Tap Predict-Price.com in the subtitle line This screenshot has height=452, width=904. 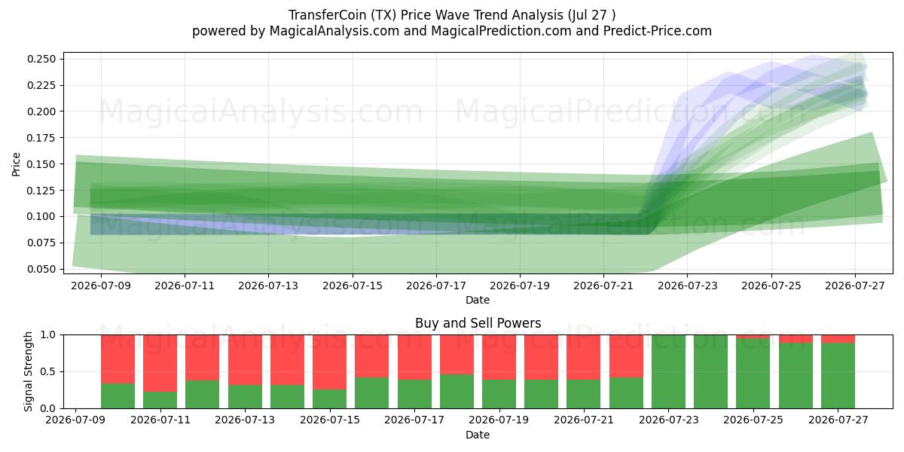[658, 31]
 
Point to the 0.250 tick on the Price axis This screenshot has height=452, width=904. [41, 59]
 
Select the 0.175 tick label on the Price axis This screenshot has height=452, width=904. [41, 138]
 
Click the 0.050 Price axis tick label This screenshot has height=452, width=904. [41, 269]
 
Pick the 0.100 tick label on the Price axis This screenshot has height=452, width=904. [41, 216]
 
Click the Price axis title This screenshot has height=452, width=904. [16, 164]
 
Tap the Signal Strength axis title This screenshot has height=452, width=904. [28, 371]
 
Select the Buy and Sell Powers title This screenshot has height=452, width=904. [478, 323]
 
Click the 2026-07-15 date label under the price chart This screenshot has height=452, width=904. [353, 286]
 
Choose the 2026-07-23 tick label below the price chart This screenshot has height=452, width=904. [687, 286]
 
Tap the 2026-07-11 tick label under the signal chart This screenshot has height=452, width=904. [160, 420]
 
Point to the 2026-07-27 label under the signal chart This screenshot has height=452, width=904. [838, 420]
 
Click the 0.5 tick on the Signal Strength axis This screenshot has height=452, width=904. [48, 371]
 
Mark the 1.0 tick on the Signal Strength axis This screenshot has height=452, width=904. [48, 335]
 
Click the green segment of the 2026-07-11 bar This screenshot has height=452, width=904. [160, 400]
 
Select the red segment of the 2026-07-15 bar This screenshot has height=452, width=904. [330, 362]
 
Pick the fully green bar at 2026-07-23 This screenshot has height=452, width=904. [668, 371]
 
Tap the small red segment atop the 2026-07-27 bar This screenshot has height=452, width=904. [838, 339]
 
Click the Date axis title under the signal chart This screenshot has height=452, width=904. [478, 435]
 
